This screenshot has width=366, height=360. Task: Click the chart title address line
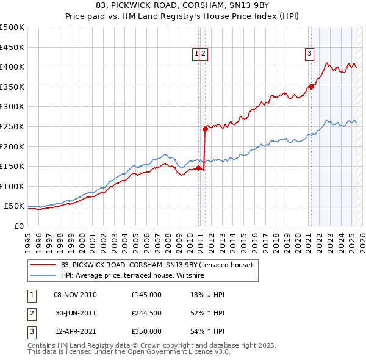(183, 5)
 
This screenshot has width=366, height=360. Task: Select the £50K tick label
(15, 206)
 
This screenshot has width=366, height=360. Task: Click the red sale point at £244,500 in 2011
(206, 129)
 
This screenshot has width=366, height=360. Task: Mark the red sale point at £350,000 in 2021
(311, 87)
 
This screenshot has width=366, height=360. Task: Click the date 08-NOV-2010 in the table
(75, 295)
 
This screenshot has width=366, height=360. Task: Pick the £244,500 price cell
(146, 313)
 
